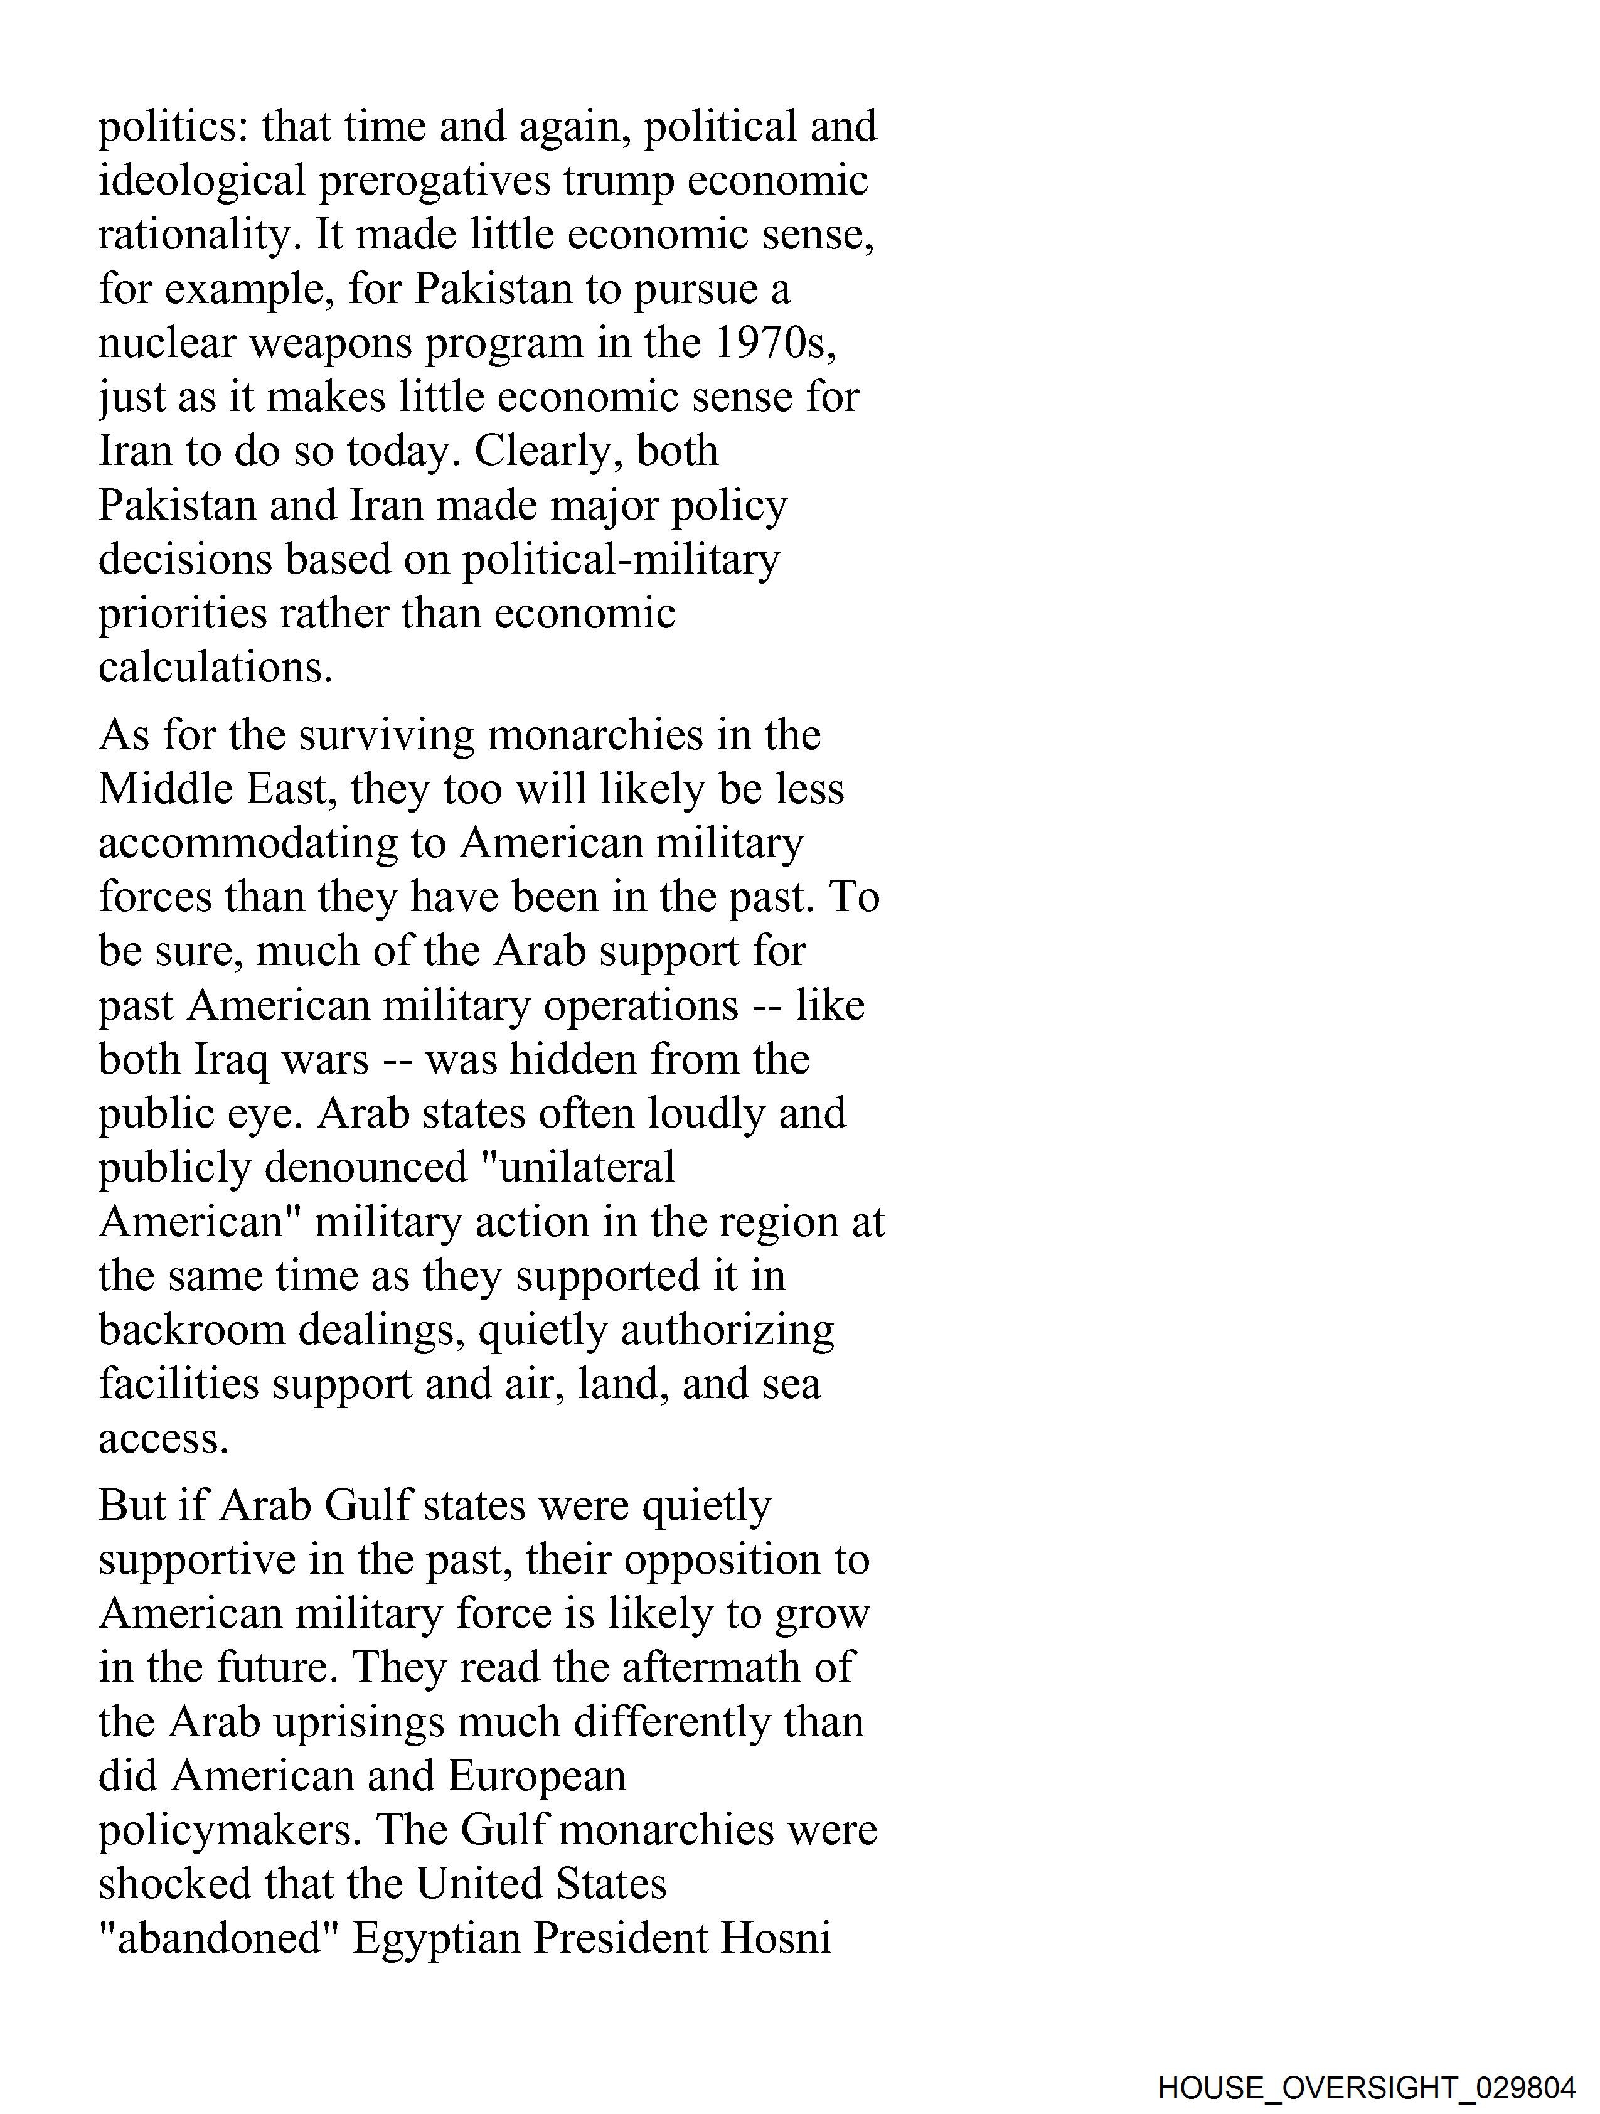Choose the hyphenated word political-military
point(621,560)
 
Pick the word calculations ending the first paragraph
point(215,667)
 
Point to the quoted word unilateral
point(572,1167)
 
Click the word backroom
point(192,1330)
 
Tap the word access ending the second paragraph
point(163,1438)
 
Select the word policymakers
point(230,1830)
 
